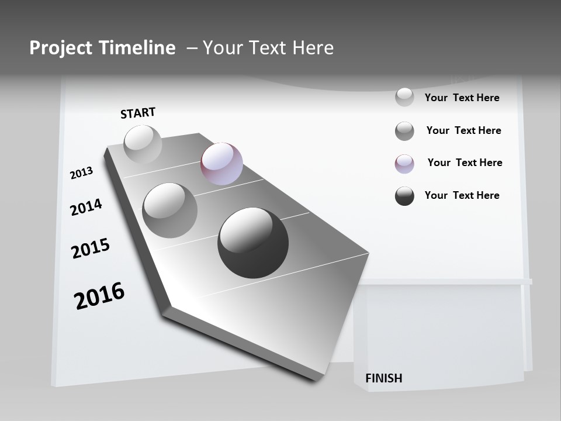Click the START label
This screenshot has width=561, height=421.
pyautogui.click(x=138, y=112)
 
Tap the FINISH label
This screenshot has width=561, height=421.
pyautogui.click(x=383, y=378)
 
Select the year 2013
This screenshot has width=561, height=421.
pyautogui.click(x=81, y=173)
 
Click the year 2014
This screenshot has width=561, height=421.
pyautogui.click(x=86, y=207)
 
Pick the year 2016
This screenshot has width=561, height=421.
pyautogui.click(x=99, y=295)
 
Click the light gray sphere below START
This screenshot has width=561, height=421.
pyautogui.click(x=143, y=144)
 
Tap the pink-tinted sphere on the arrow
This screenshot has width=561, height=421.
pyautogui.click(x=221, y=164)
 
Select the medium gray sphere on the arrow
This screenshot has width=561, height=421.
pyautogui.click(x=170, y=210)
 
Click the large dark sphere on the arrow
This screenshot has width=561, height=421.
pyautogui.click(x=253, y=243)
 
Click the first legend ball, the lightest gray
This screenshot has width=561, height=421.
pyautogui.click(x=404, y=97)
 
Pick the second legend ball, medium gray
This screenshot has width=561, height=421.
pyautogui.click(x=404, y=131)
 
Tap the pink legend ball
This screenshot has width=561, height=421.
pyautogui.click(x=404, y=164)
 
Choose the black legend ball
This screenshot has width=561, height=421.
pyautogui.click(x=404, y=196)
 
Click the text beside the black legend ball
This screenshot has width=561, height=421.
pyautogui.click(x=462, y=195)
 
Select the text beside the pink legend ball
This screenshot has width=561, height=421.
pyautogui.click(x=465, y=163)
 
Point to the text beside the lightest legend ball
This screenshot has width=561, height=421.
pyautogui.click(x=462, y=98)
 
